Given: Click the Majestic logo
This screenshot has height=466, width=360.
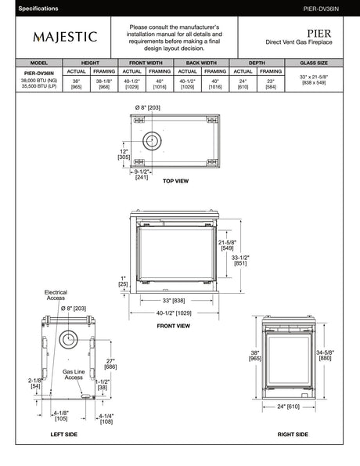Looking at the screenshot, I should (65, 36).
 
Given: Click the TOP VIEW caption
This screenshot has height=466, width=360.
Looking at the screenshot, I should (175, 181).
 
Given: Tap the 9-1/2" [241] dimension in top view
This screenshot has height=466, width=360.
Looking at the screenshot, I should (142, 174).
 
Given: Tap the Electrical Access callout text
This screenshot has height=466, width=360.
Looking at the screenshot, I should (55, 294).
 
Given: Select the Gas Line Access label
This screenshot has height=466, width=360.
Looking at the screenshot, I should (73, 374).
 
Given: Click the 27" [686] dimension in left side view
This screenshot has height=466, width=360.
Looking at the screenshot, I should (110, 363).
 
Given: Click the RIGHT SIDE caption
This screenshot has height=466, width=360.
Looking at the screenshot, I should (293, 432).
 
